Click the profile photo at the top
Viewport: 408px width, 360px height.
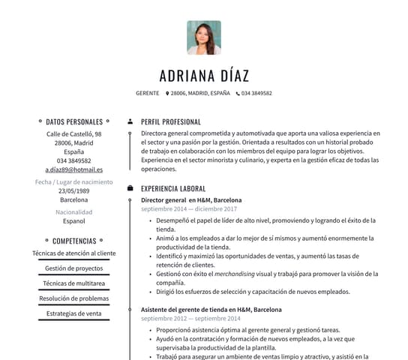204,37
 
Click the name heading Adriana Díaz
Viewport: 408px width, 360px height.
204,76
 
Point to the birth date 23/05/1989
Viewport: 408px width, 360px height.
73,190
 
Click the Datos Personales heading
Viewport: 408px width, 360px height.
73,121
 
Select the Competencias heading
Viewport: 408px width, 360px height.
73,241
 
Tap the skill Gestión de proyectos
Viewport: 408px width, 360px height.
73,268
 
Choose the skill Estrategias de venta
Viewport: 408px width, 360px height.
73,313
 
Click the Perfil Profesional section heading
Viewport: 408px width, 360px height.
170,121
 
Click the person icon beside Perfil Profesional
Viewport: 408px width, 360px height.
130,121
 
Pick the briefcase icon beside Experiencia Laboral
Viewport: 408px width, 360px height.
130,188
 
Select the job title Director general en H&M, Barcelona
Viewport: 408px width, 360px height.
191,201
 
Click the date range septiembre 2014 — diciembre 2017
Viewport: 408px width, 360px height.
184,210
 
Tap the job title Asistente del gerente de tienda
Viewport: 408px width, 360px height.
211,309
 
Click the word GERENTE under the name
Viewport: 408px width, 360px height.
147,94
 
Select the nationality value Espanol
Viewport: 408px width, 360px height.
73,221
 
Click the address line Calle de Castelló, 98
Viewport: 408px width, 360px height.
73,133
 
